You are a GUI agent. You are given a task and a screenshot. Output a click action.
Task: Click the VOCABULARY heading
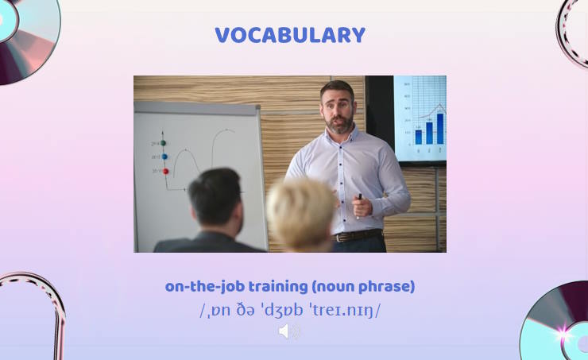click(x=290, y=36)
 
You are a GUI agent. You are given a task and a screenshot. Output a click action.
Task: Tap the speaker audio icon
click(x=289, y=331)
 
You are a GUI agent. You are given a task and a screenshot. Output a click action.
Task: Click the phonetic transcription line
click(x=290, y=310)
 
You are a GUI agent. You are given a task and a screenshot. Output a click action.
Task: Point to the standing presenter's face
click(x=338, y=110)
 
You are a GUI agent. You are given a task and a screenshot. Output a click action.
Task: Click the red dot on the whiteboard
click(x=165, y=171)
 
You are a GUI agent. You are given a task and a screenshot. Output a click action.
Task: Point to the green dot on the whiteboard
click(x=163, y=143)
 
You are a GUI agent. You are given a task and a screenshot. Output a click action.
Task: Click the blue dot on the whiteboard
click(x=164, y=157)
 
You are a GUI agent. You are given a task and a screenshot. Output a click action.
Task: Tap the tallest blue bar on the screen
click(x=439, y=128)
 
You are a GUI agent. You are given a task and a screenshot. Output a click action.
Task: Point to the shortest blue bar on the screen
click(x=419, y=137)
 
